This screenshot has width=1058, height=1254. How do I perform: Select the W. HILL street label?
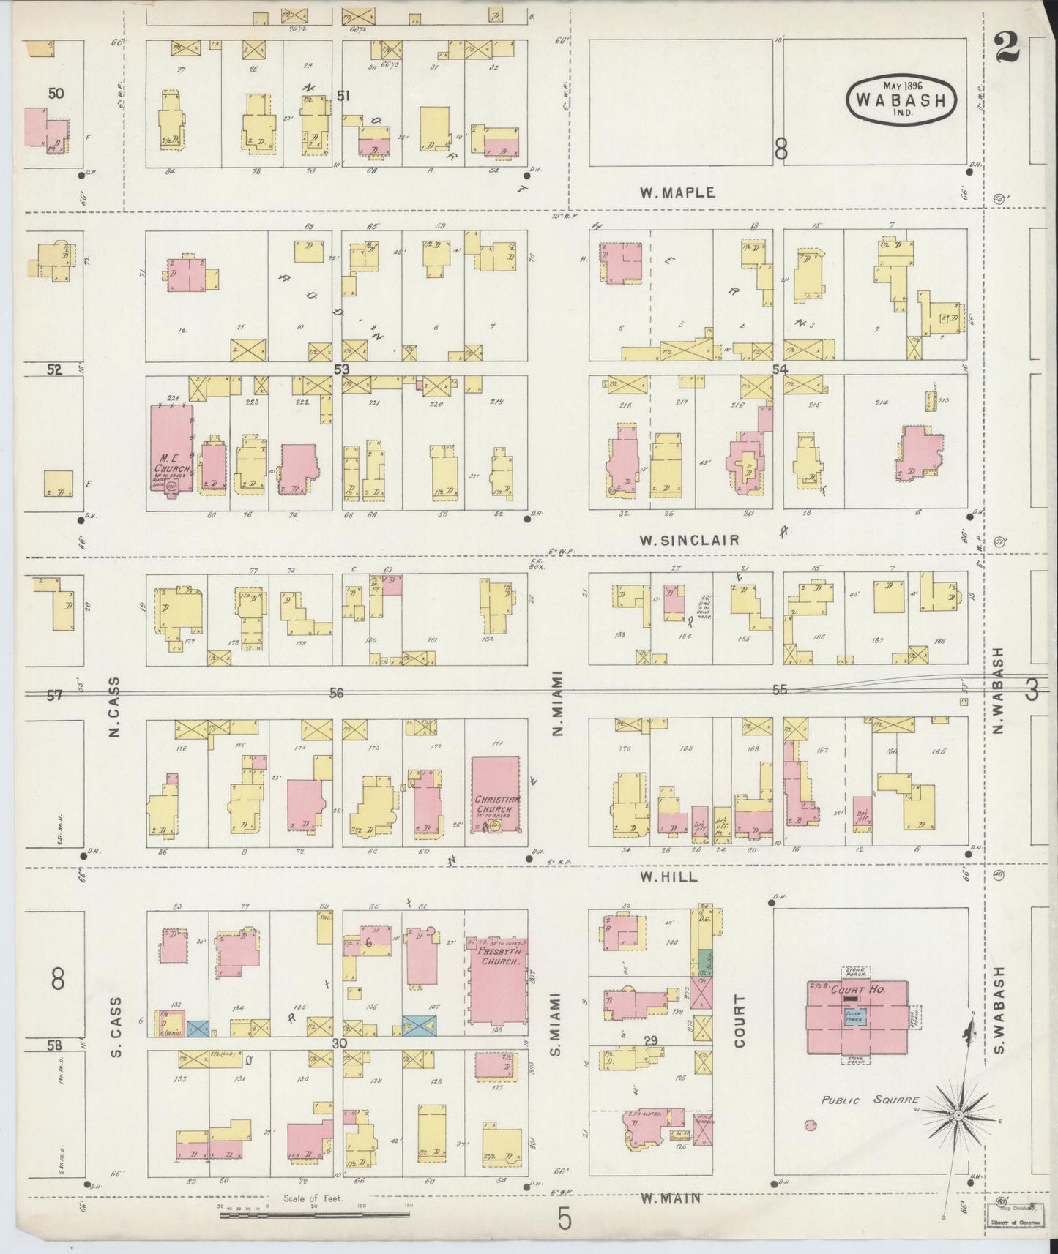coord(668,876)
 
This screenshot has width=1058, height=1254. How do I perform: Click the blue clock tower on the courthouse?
coord(854,1016)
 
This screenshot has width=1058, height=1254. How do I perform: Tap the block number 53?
coord(341,369)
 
